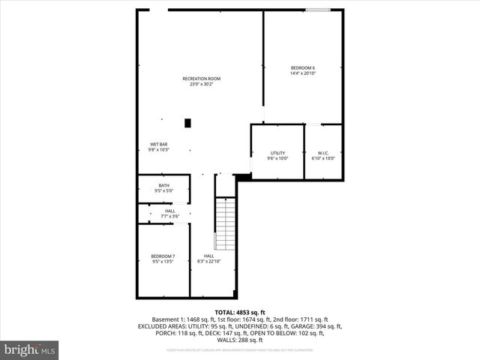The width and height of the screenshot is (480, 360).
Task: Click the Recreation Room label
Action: (x=202, y=79)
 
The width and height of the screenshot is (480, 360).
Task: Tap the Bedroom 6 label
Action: (x=302, y=68)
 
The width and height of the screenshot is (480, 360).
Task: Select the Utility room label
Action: (x=277, y=153)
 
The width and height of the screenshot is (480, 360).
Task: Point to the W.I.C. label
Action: (x=323, y=153)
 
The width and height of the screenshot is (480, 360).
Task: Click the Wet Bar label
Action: (x=158, y=144)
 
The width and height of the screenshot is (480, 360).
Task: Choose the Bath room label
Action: (x=163, y=185)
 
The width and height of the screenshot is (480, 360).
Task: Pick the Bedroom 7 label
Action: (x=163, y=256)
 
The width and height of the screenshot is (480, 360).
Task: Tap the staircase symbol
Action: (x=226, y=224)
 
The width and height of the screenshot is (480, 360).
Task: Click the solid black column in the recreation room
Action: (x=188, y=122)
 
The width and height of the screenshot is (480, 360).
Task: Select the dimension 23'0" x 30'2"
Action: (x=202, y=85)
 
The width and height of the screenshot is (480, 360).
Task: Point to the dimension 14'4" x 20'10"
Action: (x=302, y=73)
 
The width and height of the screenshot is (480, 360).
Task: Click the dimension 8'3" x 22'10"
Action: (x=208, y=262)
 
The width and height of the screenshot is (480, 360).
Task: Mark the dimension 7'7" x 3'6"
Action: (x=170, y=217)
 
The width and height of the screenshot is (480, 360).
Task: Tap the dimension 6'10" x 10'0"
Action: (x=323, y=158)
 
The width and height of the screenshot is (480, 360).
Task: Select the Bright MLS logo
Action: (x=30, y=349)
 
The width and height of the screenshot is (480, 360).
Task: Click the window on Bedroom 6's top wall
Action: (x=318, y=10)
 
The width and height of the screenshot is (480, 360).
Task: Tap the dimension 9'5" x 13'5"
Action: (x=163, y=262)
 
